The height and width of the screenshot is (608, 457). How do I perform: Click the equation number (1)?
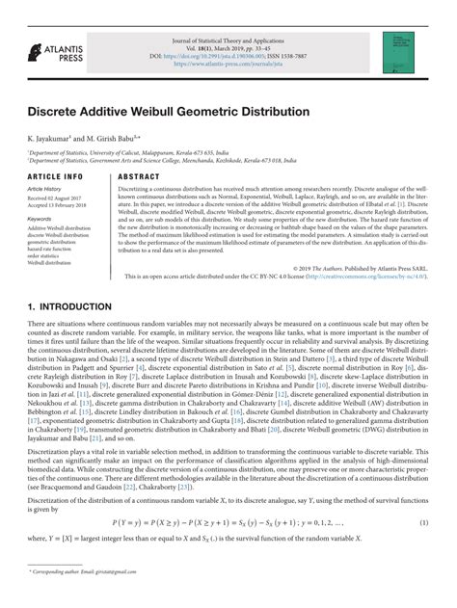424,521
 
